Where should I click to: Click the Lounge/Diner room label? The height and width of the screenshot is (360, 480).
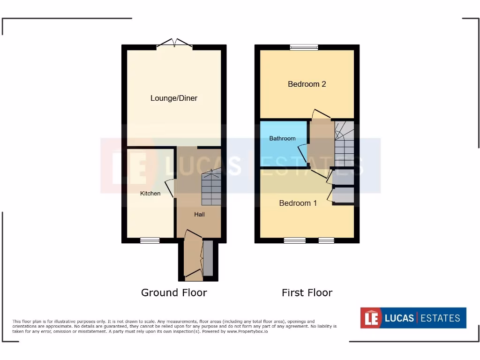(x=174, y=98)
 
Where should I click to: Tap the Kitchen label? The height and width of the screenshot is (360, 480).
(x=150, y=193)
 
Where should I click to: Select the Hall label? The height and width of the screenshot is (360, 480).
(x=200, y=214)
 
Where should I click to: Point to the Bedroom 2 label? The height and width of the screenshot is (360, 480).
(x=307, y=84)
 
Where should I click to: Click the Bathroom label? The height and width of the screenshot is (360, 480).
(x=282, y=138)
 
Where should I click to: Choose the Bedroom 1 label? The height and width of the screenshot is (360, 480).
(x=298, y=203)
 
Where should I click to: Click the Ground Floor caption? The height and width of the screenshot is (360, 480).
(x=174, y=292)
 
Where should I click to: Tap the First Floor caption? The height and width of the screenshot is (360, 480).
(x=307, y=292)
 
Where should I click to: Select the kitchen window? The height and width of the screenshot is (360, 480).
(x=150, y=240)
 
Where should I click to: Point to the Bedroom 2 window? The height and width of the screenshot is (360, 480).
(x=304, y=47)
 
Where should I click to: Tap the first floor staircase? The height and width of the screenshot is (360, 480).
(x=344, y=141)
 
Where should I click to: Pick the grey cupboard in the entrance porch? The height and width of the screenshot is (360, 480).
(x=208, y=258)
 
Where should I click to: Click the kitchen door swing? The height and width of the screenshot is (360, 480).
(x=170, y=187)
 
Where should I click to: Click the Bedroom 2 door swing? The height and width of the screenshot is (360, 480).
(x=321, y=114)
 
